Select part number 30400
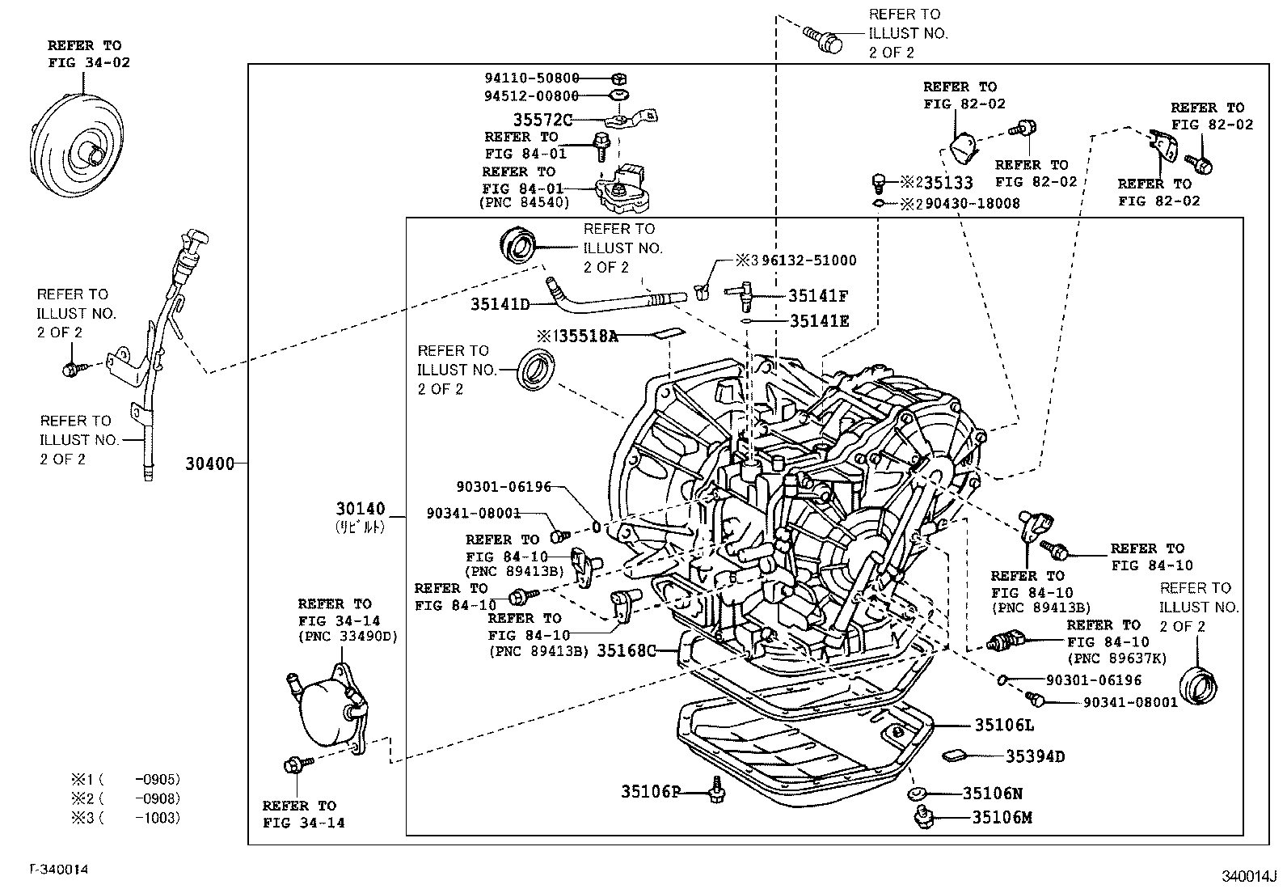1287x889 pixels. pos(209,464)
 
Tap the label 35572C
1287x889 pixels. pos(542,120)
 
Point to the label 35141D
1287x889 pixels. pos(500,304)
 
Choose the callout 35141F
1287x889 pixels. pos(818,296)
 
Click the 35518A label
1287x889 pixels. pos(583,336)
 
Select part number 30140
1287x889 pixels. pos(361,510)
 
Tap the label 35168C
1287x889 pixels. pos(626,650)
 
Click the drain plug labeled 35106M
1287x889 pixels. pos(921,817)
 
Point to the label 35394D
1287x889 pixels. pos(1034,756)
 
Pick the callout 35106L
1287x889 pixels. pos(1003,725)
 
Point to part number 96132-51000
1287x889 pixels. pos(808,260)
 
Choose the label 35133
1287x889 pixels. pos(947,184)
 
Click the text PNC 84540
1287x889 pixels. pos(525,202)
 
